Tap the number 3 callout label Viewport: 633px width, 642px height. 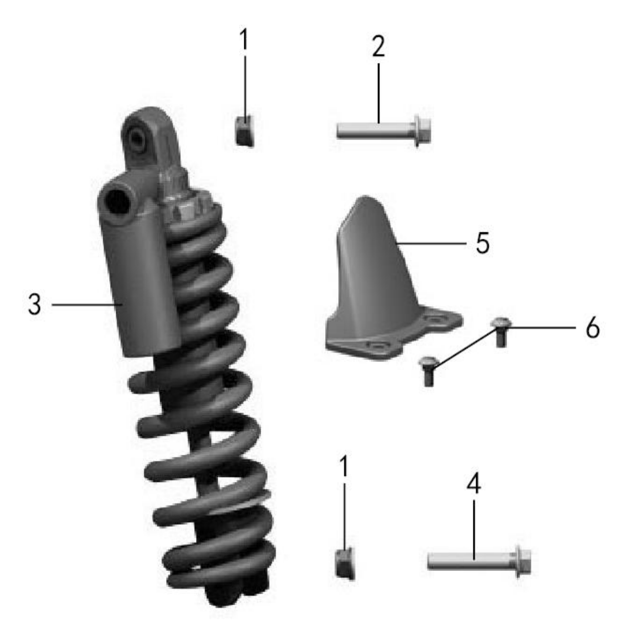34,304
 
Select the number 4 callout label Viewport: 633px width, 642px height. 473,484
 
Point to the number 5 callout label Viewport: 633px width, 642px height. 483,243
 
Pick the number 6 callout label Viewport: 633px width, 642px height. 592,328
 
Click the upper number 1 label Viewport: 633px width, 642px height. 244,39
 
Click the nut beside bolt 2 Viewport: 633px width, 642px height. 245,131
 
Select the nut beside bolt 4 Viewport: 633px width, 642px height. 345,564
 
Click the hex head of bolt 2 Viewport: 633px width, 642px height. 422,130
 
